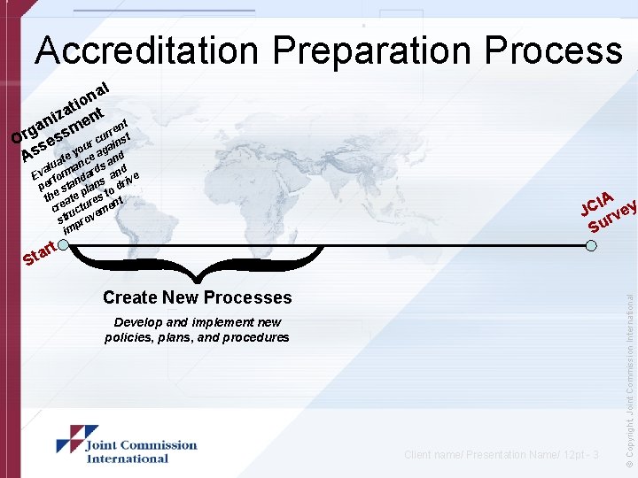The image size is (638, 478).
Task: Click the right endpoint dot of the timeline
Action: [590, 245]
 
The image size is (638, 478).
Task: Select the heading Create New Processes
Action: [197, 297]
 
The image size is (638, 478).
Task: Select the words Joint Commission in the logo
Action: [141, 445]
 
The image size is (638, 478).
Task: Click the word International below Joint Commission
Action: [127, 459]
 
